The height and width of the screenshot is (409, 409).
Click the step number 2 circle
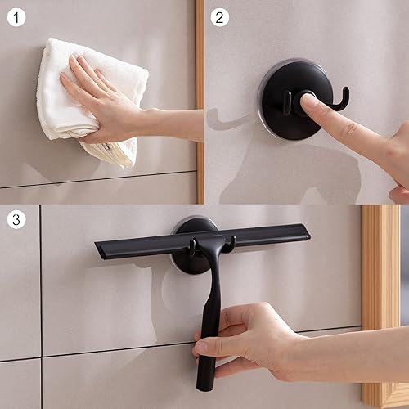pyautogui.click(x=220, y=17)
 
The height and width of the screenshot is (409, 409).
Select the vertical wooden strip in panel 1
pyautogui.click(x=200, y=98)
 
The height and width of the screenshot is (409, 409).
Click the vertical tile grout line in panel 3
pyautogui.click(x=42, y=311)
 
